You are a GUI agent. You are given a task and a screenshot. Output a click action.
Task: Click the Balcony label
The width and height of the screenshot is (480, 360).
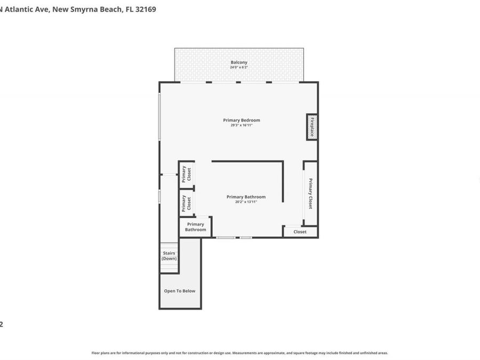coord(238,62)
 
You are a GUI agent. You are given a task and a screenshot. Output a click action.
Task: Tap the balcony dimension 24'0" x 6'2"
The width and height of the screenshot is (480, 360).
coord(238,68)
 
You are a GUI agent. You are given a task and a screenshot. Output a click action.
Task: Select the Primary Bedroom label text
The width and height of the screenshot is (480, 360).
coord(242,120)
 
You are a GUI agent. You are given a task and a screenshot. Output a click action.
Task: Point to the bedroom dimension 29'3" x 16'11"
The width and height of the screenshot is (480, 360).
coord(242,125)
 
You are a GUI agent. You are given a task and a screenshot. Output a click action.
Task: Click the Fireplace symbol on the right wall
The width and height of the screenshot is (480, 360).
coord(312,127)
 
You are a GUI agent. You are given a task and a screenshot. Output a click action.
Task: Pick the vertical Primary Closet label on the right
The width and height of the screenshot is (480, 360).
coord(310,193)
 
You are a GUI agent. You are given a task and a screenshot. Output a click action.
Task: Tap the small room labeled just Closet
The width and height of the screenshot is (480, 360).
coord(300,232)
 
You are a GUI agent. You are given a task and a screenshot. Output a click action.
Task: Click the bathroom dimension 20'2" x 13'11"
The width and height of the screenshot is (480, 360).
coord(246,202)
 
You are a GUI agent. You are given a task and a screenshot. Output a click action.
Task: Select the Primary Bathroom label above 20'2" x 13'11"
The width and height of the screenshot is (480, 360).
coord(246,197)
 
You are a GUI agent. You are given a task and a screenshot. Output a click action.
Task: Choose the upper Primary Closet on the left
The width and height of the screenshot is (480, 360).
coord(186,174)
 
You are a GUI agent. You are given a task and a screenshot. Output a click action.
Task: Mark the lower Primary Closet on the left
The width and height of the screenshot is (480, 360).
coord(186,203)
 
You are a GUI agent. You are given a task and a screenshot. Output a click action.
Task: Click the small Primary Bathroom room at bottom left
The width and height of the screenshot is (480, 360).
coord(195,227)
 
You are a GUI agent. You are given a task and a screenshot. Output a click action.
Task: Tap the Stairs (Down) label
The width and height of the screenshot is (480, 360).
coord(169,256)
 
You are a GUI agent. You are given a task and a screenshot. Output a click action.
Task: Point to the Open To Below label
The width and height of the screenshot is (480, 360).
coord(179,291)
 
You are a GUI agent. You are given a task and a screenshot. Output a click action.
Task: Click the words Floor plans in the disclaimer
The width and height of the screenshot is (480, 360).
coord(101,353)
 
